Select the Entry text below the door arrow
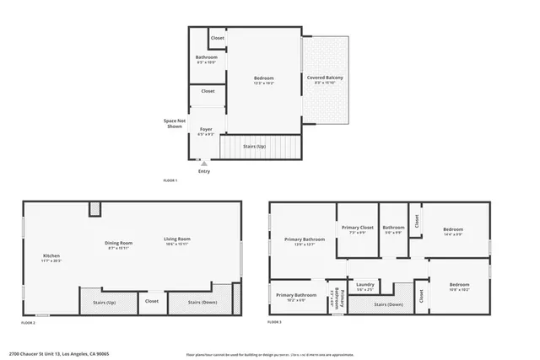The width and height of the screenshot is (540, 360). tap(203, 171)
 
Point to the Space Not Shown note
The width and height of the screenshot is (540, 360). tap(175, 123)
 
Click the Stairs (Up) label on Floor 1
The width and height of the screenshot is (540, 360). tap(254, 147)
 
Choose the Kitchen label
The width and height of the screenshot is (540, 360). tap(51, 257)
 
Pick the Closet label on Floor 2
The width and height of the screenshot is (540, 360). tap(152, 301)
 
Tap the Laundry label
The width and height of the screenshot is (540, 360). tap(365, 286)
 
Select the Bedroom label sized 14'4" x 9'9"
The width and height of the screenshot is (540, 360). tap(452, 231)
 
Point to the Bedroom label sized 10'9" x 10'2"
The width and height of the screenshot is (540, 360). tap(459, 287)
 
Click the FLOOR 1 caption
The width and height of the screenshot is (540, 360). tap(170, 180)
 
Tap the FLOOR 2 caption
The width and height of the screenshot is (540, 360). tap(28, 322)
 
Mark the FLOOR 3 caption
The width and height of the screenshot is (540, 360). tap(274, 322)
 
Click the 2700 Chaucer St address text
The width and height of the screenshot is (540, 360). tap(59, 353)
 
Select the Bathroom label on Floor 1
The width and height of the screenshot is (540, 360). tap(206, 59)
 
